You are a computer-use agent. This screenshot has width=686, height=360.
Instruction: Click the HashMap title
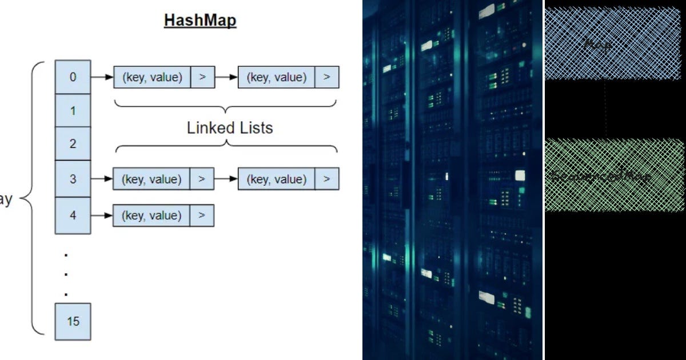(200, 21)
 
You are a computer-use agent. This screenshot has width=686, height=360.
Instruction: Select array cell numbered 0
(73, 77)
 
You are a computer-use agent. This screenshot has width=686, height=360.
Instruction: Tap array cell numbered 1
(73, 110)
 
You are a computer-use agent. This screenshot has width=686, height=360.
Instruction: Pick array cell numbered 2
(73, 144)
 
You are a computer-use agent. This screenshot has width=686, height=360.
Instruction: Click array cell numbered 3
(73, 178)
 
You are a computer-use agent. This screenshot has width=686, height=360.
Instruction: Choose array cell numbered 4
(73, 215)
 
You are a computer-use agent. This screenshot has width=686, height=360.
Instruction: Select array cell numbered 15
(73, 321)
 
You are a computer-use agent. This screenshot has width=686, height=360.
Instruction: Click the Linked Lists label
(230, 128)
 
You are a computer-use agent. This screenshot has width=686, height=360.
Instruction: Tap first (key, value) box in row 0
(151, 77)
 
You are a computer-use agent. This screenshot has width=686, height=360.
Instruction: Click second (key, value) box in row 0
(276, 77)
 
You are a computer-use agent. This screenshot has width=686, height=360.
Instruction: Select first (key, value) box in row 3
(151, 179)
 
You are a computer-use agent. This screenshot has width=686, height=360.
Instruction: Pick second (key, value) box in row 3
(276, 179)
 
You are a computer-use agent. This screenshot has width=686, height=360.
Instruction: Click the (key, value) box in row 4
(151, 215)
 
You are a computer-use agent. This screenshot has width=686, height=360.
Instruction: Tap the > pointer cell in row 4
(202, 215)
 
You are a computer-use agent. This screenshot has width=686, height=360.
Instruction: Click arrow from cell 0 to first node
(102, 77)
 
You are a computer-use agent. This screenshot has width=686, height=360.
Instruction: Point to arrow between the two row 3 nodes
(226, 179)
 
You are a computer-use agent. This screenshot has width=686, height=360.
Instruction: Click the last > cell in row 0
(326, 77)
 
